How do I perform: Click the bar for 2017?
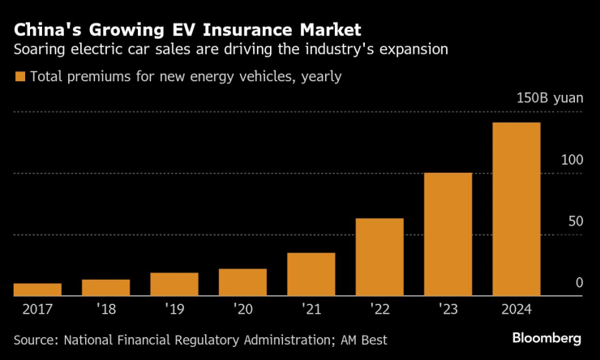[37, 289]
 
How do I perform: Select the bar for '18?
[105, 288]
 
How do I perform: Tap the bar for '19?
[174, 285]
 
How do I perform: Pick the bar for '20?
[242, 282]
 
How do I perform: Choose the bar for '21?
[311, 274]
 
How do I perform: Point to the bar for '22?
[379, 257]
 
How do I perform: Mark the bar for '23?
[448, 234]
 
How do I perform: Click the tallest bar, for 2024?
[516, 209]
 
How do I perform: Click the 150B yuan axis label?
[550, 97]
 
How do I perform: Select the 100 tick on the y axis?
[572, 160]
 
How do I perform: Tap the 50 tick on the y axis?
[575, 221]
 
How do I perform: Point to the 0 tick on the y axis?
[579, 282]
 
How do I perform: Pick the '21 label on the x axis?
[311, 309]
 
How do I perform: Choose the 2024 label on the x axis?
[516, 309]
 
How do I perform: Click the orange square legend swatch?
[19, 77]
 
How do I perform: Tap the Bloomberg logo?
[546, 337]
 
